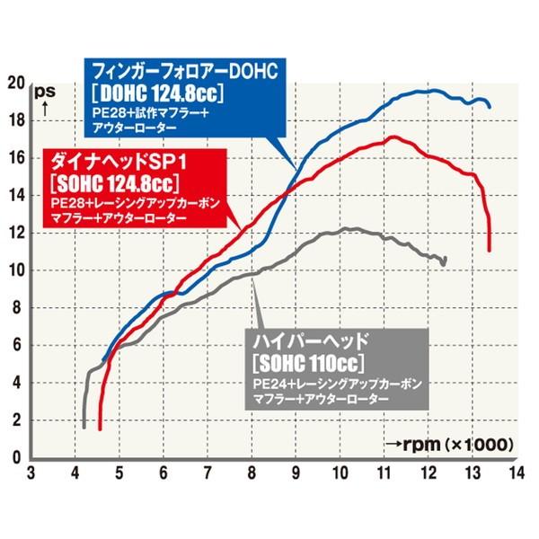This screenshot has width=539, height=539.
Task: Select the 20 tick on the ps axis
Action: pos(15,83)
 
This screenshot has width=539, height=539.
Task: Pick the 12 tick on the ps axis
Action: pos(15,233)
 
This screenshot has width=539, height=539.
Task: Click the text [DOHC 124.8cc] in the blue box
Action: pos(157,93)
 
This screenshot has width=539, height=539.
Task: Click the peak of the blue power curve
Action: pos(434,90)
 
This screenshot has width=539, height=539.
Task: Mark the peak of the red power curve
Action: pos(393,137)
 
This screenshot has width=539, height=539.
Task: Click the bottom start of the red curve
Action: pos(100,429)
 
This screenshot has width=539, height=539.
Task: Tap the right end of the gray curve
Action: pos(445,260)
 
